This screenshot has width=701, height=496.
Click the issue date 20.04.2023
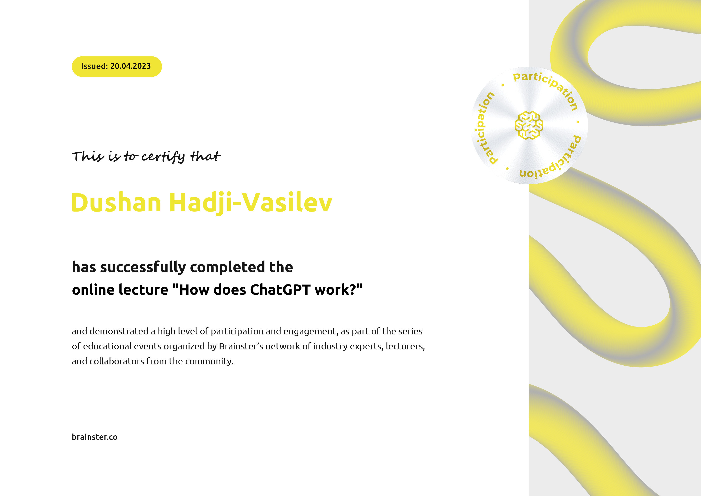tap(130, 66)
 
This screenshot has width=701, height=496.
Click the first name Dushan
tap(116, 202)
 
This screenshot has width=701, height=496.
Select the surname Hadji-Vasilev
tap(250, 202)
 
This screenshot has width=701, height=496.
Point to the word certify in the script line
tap(163, 157)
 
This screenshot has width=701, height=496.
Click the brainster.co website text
tap(95, 437)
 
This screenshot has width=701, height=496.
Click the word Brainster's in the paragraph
tap(241, 346)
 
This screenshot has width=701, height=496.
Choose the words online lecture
tap(120, 290)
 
